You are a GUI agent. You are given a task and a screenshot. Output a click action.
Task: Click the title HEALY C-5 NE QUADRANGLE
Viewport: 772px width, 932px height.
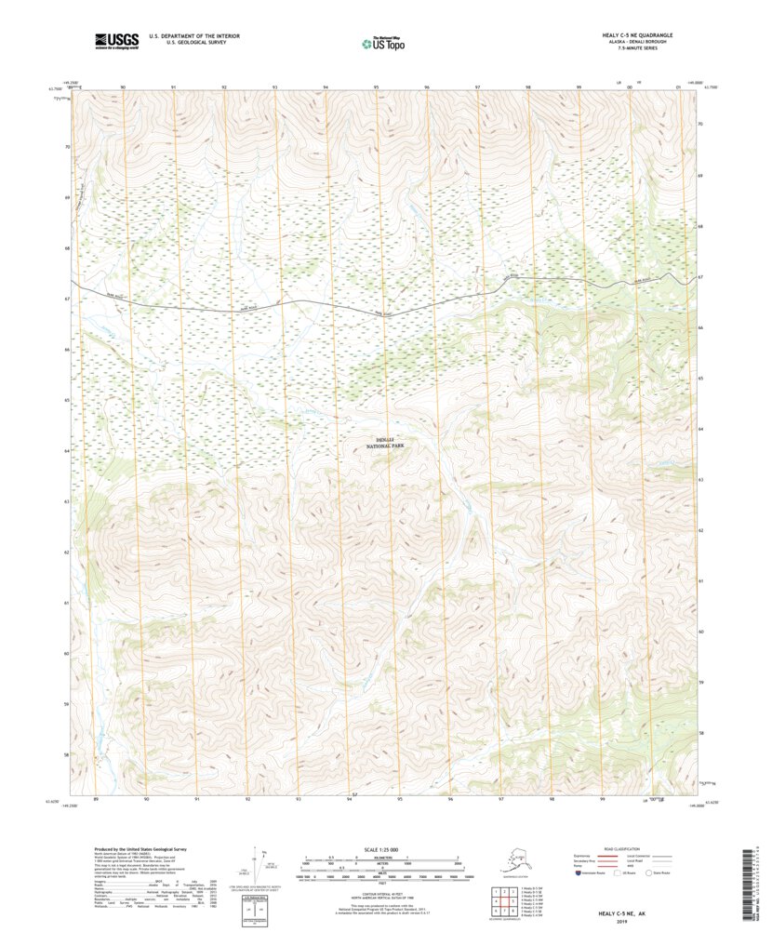pos(637,34)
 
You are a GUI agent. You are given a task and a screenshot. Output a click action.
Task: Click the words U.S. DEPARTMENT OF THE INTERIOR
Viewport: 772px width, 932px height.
pos(190,35)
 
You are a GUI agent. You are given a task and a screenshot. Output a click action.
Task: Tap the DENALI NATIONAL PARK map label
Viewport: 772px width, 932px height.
pos(385,443)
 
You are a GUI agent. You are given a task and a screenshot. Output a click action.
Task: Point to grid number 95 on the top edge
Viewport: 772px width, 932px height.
pos(376,87)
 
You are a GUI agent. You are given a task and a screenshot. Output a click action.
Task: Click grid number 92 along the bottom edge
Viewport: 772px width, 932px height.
pos(248,799)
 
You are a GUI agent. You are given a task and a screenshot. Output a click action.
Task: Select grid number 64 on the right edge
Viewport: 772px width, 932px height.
pos(700,429)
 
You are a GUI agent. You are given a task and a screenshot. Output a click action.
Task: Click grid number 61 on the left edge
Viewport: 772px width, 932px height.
pos(67,603)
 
